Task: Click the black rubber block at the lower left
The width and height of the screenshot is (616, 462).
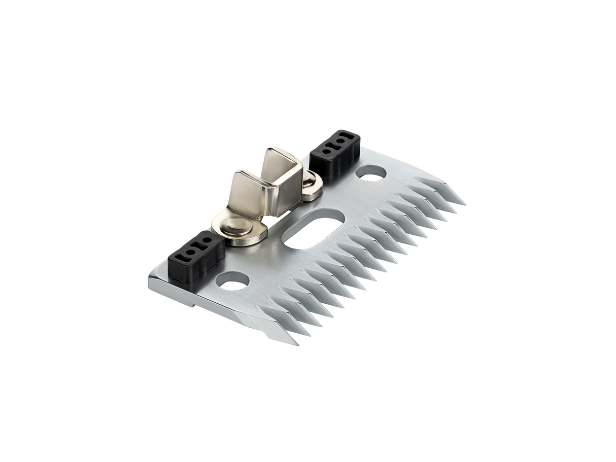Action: [x=196, y=257]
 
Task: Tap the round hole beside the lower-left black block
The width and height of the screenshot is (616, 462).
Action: [x=232, y=280]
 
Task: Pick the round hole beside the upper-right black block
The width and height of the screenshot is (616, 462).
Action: [x=370, y=173]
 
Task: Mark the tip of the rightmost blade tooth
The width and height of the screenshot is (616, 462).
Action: [x=464, y=204]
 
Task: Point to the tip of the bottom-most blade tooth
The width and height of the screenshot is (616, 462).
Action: [x=297, y=344]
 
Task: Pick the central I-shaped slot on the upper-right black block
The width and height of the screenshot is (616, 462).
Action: [x=337, y=143]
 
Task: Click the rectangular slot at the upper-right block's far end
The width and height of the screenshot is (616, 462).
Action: [x=350, y=135]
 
